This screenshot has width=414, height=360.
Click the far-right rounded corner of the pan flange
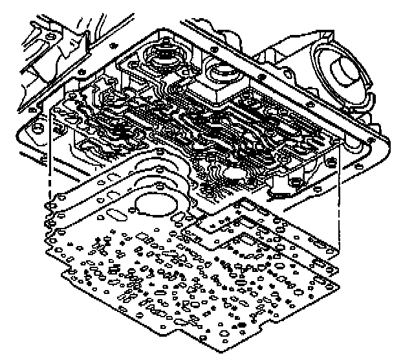coord(387,146)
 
